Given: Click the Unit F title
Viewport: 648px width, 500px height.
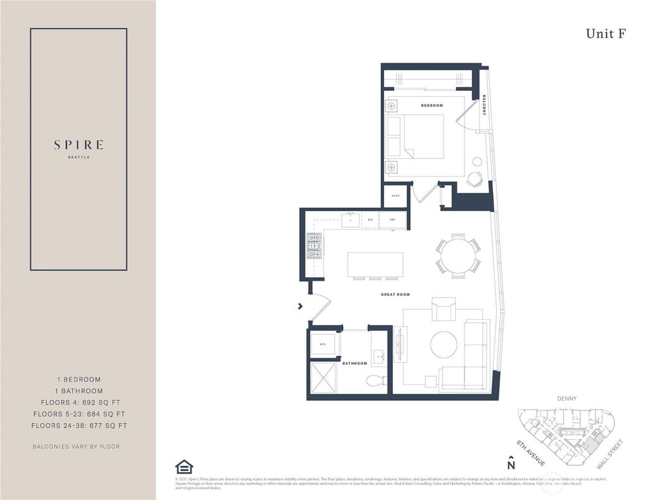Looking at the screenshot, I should coord(606,34).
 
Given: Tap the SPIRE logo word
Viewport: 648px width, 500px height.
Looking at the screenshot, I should coord(78,145).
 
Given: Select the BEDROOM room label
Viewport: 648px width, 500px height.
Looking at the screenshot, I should coord(432,106).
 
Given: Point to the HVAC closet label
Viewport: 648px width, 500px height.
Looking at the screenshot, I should coord(394,196).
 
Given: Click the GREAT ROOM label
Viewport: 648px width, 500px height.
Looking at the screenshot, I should coord(395,295).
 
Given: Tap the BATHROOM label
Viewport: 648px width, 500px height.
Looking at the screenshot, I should coord(355,363).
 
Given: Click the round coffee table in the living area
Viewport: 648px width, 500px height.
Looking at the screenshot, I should coord(444,345).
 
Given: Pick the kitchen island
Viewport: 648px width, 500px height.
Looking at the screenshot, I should coord(375,264).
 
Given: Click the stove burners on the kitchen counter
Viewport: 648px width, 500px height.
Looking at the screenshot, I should coord(315,246).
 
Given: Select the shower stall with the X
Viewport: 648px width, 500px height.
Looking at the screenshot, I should coord(324,377).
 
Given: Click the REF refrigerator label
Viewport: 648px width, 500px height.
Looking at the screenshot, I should coord(392,220).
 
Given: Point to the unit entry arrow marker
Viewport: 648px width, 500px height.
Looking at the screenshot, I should coord(300,307).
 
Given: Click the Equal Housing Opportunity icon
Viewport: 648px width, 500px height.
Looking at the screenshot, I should coord(184,466).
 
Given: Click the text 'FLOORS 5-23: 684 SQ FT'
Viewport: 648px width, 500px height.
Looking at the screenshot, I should coord(78,414).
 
